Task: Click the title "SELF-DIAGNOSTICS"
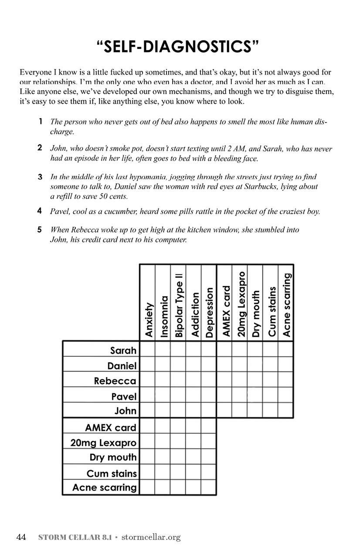coord(178,47)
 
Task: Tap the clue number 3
coord(40,177)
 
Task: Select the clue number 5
coord(40,229)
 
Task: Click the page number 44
coord(21,537)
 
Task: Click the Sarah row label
coord(123,350)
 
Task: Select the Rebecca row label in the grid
coord(115,381)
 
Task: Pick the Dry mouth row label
coord(113,457)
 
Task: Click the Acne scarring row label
coord(104,488)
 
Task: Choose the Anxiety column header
coord(148,320)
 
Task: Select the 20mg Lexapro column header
coord(240,304)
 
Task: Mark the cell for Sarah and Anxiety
coord(147,349)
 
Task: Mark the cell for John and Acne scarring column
coord(285,410)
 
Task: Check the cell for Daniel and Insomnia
coord(163,365)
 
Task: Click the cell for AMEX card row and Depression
coord(209,426)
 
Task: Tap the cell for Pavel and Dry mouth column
coord(255,395)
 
